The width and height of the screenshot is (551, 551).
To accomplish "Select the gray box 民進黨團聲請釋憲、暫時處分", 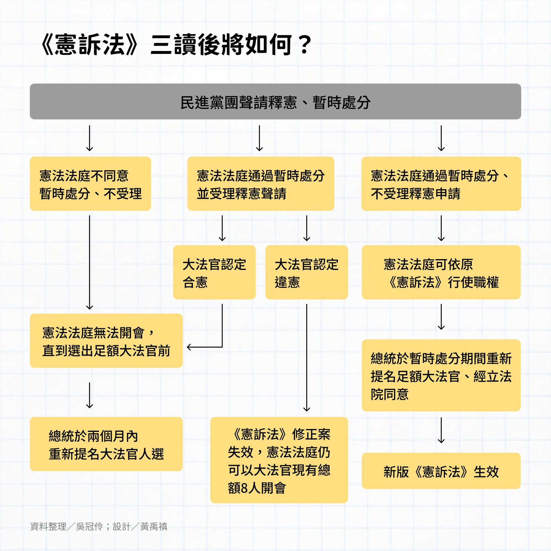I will pyautogui.click(x=275, y=102).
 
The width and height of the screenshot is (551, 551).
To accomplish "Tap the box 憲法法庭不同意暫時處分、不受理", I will pyautogui.click(x=90, y=184).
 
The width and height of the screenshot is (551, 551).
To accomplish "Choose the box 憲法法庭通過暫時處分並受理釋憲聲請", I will pyautogui.click(x=260, y=184).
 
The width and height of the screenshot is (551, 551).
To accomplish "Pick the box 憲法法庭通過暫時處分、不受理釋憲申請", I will pyautogui.click(x=441, y=184).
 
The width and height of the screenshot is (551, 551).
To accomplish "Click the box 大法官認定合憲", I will pyautogui.click(x=214, y=272).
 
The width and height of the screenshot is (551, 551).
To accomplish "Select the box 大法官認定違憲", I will pyautogui.click(x=306, y=272).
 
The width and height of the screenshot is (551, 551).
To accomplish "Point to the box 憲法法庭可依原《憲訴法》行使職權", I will pyautogui.click(x=441, y=272).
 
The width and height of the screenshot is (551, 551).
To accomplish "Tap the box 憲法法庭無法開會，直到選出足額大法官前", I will pyautogui.click(x=106, y=341).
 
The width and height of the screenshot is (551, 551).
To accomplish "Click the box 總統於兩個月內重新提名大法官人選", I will pyautogui.click(x=106, y=444).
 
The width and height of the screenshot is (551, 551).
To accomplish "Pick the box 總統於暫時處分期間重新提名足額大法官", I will pyautogui.click(x=441, y=375).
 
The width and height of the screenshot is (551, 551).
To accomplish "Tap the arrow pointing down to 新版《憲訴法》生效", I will pyautogui.click(x=441, y=430).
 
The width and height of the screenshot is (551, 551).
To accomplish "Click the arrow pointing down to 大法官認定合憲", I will pyautogui.click(x=222, y=228).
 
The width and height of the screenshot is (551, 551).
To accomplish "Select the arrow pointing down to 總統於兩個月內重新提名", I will pyautogui.click(x=90, y=395).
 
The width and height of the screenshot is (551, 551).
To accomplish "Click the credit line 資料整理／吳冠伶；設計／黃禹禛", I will pyautogui.click(x=99, y=526).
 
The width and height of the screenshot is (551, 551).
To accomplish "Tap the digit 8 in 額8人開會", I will pyautogui.click(x=244, y=488).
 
